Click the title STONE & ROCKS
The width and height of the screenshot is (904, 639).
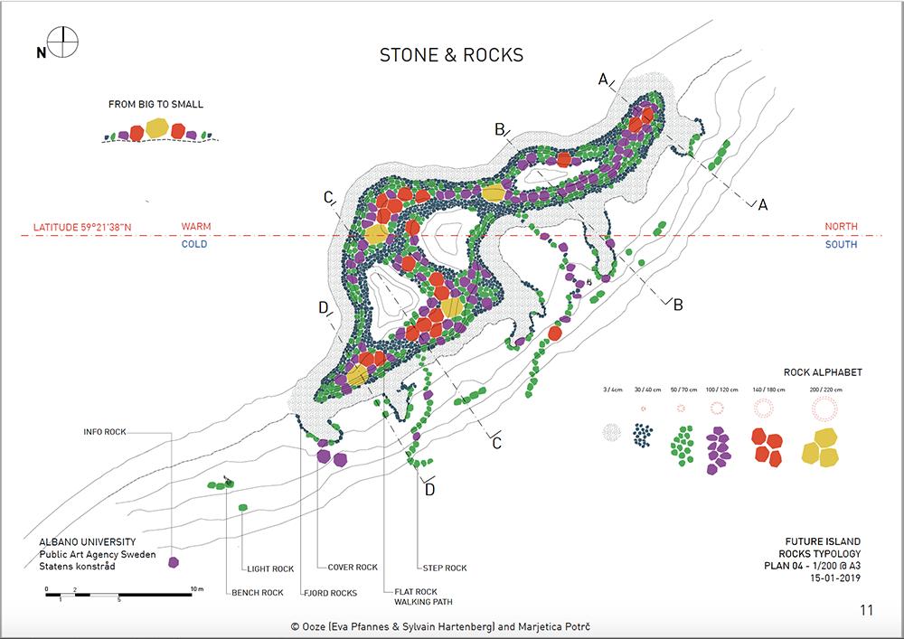pos(451,55)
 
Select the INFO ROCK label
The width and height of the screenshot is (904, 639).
pos(104,432)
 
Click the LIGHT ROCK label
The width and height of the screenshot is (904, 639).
pos(270,569)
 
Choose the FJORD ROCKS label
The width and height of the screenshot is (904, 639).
pos(329,594)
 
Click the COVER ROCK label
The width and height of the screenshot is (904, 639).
pos(353,568)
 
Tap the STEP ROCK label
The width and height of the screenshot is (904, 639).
pos(445,569)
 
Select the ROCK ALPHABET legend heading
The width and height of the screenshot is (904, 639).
pos(823,372)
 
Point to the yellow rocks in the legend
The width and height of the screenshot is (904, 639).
pos(825,448)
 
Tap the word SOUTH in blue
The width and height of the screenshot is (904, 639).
pos(842,245)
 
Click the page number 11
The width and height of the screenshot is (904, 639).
pos(867,610)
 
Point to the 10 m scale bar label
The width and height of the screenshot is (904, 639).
pos(198,589)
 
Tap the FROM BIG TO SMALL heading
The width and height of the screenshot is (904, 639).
pos(155,105)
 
